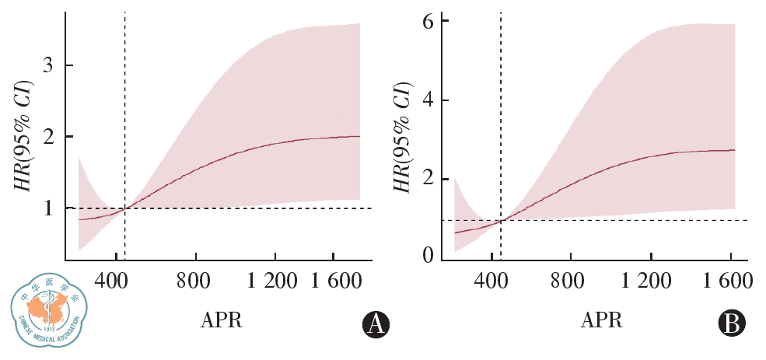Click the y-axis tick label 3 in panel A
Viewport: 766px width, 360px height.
point(47,65)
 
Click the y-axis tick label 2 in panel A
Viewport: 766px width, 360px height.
point(47,137)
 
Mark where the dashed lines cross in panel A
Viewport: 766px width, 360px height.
point(125,208)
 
